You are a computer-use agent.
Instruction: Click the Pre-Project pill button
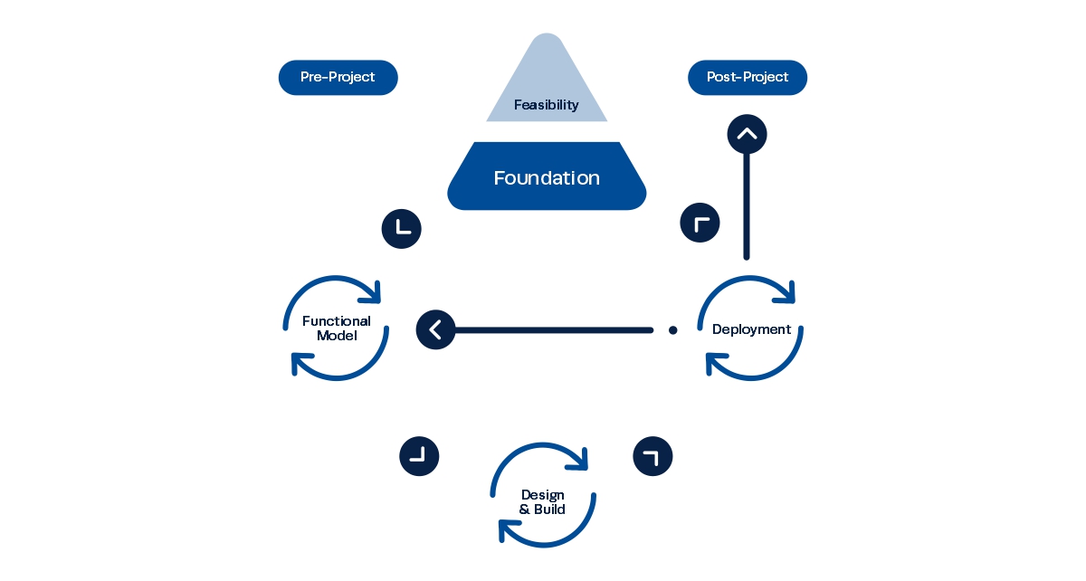point(338,78)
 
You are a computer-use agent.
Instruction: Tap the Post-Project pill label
point(748,78)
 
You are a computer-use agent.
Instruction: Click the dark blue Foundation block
point(547,176)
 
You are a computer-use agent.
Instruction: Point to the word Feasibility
point(547,105)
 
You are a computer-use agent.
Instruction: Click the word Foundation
point(547,178)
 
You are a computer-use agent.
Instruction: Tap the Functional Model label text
point(337,329)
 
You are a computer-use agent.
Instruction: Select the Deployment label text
point(751,329)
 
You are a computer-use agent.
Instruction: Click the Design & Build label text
point(543,502)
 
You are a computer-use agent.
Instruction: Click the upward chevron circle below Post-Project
point(747,135)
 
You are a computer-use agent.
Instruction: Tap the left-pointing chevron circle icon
point(435,329)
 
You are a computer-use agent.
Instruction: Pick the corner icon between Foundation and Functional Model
point(402,228)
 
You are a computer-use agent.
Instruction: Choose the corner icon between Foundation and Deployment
point(700,223)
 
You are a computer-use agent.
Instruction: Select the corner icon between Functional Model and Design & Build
point(419,456)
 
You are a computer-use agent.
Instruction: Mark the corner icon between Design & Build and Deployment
point(653,455)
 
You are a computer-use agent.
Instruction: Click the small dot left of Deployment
point(672,330)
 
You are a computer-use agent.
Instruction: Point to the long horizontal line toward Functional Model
point(552,330)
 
